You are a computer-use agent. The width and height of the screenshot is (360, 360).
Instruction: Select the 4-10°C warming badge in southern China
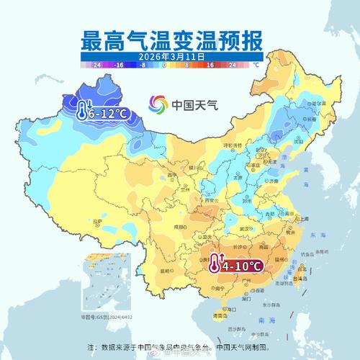tap(236, 266)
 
